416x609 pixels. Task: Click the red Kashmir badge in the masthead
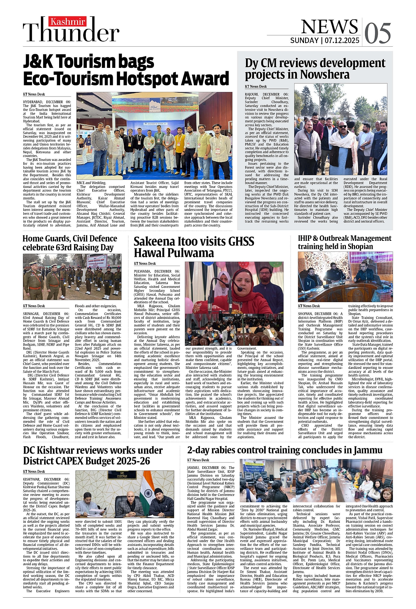coord(68,22)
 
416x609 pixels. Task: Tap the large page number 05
coord(377,34)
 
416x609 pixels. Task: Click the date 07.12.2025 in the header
coord(342,41)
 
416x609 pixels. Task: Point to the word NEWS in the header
coord(329,26)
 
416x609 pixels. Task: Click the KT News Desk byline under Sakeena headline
coord(145,263)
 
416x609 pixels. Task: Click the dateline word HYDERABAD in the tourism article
coord(33,102)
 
